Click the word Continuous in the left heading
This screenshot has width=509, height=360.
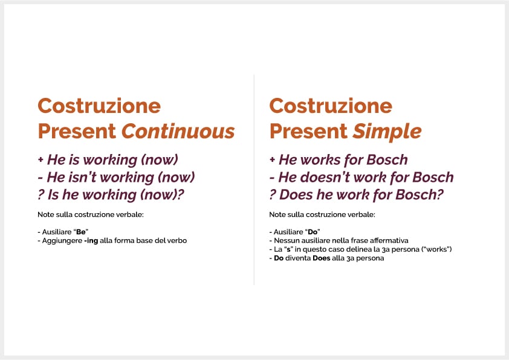pyautogui.click(x=178, y=131)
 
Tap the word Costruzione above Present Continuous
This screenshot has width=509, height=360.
pyautogui.click(x=99, y=106)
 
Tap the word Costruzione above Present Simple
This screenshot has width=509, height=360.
pyautogui.click(x=331, y=106)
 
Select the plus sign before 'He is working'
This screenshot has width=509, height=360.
pyautogui.click(x=41, y=159)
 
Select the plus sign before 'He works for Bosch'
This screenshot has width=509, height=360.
pyautogui.click(x=273, y=159)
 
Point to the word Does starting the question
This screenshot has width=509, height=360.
pyautogui.click(x=296, y=195)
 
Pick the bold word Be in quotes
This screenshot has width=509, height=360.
pyautogui.click(x=81, y=232)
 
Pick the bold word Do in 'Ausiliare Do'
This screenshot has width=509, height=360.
pyautogui.click(x=313, y=232)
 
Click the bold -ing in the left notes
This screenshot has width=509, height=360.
pyautogui.click(x=91, y=241)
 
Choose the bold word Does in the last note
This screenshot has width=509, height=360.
pyautogui.click(x=322, y=258)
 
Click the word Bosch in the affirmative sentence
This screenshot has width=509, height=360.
pyautogui.click(x=387, y=160)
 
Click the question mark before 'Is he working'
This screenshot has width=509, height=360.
pyautogui.click(x=41, y=195)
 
